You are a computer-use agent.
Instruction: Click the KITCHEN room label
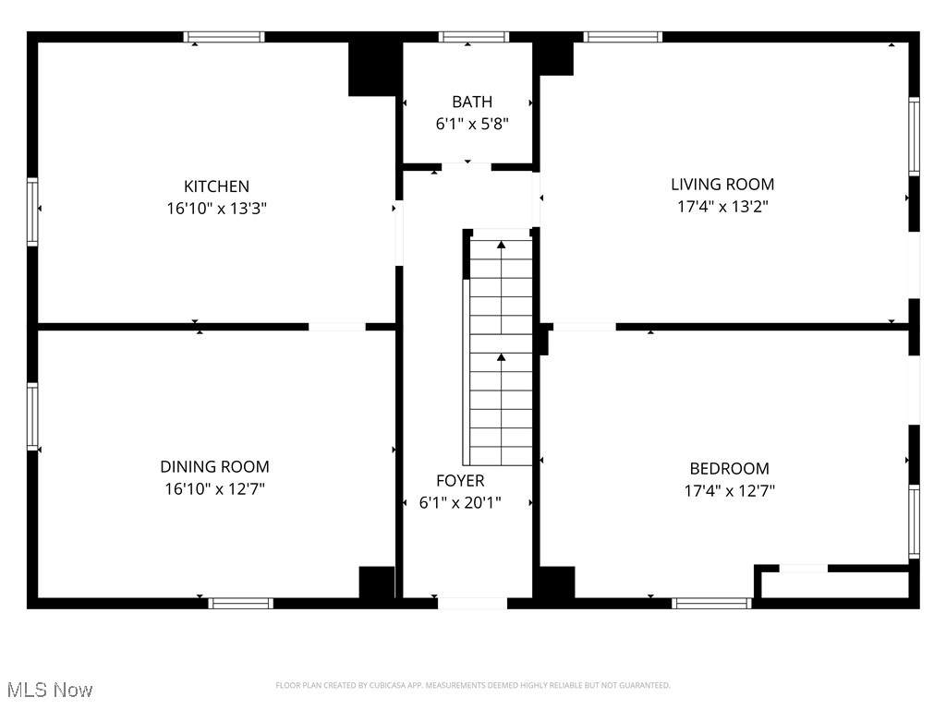(x=216, y=186)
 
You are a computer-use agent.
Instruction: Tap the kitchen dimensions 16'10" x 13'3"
(x=216, y=209)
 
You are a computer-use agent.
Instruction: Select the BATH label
(x=472, y=102)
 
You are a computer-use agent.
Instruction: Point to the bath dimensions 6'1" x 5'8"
(x=472, y=125)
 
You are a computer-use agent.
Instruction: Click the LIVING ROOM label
(x=722, y=184)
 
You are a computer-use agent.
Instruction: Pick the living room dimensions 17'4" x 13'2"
(x=722, y=206)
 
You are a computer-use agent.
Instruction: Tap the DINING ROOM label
(x=214, y=466)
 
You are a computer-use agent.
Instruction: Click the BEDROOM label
(x=730, y=468)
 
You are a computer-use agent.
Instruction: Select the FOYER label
(x=460, y=480)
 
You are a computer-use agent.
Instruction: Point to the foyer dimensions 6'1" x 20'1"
(x=460, y=502)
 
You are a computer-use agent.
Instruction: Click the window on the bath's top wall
(x=474, y=37)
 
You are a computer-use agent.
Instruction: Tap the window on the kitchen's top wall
(x=224, y=37)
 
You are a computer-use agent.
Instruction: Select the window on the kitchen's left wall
(x=32, y=211)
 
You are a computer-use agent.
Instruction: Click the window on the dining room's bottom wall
(x=241, y=603)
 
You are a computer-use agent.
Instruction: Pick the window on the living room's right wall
(x=914, y=137)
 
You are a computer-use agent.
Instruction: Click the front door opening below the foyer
(x=472, y=603)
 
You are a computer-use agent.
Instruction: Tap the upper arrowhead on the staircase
(x=501, y=244)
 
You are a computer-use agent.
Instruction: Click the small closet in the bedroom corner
(x=835, y=584)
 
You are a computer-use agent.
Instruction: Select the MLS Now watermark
(x=50, y=690)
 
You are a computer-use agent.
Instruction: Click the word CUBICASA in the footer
(x=386, y=686)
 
